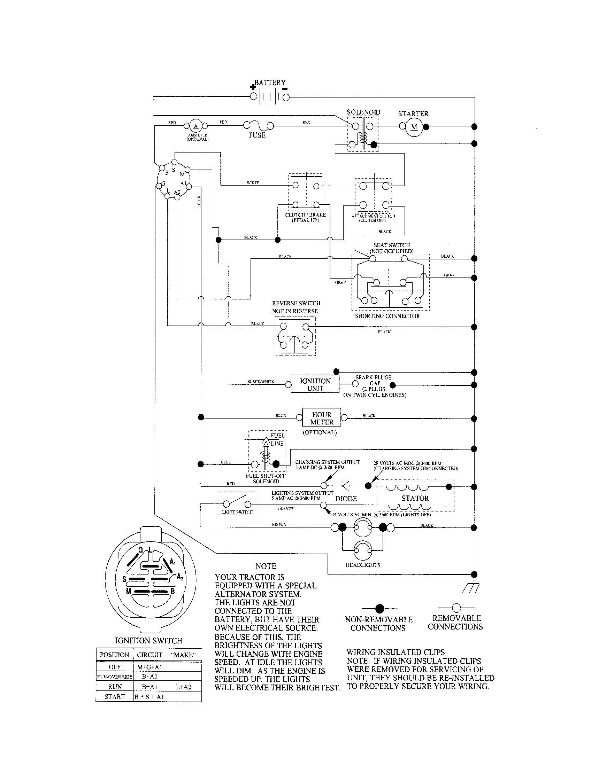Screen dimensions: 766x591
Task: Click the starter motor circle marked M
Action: [414, 127]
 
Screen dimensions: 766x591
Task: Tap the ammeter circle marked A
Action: [196, 126]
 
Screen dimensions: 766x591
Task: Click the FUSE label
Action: [257, 135]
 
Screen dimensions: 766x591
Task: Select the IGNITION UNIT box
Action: [315, 384]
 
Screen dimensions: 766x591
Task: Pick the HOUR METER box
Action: [322, 418]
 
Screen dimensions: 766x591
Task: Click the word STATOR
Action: [415, 498]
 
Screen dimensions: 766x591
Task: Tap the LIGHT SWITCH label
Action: [237, 512]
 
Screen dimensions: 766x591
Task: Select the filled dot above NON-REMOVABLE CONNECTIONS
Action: [379, 608]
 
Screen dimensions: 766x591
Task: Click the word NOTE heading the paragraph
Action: [266, 566]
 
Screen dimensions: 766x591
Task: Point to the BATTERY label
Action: [270, 83]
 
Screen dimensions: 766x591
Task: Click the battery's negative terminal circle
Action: [286, 97]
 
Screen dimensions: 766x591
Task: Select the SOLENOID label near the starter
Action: [363, 112]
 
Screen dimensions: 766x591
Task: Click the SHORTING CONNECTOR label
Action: [387, 316]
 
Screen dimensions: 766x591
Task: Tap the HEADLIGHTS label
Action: [363, 565]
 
